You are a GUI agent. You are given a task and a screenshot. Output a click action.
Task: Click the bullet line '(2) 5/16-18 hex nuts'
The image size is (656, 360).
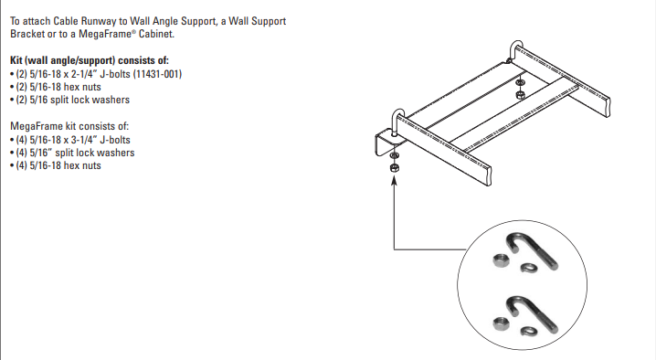55,87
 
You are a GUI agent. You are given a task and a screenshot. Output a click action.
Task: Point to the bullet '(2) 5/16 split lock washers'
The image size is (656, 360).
69,100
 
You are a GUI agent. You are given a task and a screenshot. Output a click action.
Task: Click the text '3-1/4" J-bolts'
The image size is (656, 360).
101,140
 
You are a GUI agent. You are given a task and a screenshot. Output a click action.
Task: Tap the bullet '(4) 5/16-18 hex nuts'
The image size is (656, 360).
55,165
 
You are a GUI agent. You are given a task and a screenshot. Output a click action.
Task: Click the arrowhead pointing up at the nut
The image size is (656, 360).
393,180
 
